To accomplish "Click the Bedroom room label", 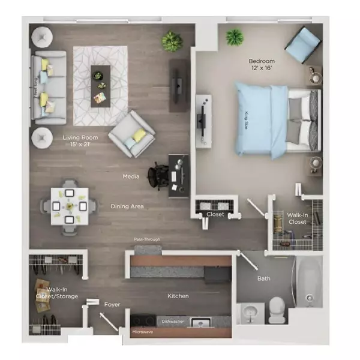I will (262, 62).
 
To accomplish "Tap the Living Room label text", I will (80, 137).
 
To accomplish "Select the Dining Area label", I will (127, 206).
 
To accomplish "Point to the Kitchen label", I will (178, 296).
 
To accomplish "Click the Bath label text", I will (264, 278).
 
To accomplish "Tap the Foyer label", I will (112, 305).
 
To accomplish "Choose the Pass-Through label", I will (147, 240).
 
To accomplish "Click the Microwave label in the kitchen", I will (143, 331).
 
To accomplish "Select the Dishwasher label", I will (173, 322).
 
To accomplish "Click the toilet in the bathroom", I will (277, 310).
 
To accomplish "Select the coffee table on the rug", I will (101, 85).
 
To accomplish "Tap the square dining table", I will (69, 206).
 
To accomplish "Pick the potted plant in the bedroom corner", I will (234, 37).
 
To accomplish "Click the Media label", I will (131, 177).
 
